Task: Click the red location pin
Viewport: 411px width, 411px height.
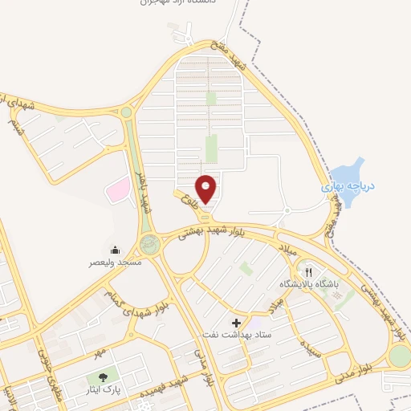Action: point(206,188)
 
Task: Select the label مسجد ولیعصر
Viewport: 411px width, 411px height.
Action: point(115,262)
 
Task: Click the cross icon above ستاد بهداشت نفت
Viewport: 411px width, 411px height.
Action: point(235,321)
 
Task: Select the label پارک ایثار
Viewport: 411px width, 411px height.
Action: point(102,390)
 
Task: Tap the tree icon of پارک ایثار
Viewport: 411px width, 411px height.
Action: point(102,377)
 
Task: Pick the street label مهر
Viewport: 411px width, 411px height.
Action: point(98,353)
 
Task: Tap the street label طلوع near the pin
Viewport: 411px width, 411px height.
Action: point(189,197)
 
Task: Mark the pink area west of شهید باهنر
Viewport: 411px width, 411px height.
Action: point(118,189)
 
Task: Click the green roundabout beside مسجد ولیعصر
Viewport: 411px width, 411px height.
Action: point(149,245)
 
